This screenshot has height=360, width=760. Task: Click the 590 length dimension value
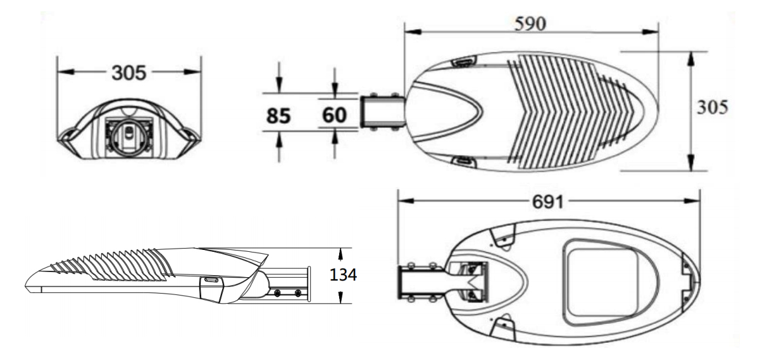[x=530, y=24]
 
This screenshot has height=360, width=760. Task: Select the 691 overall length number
[x=547, y=202]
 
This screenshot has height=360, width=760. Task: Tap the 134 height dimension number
[x=343, y=275]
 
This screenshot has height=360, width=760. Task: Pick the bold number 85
[x=278, y=115]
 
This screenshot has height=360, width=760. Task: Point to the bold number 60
[x=334, y=115]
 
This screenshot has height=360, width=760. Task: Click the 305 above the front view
[x=129, y=73]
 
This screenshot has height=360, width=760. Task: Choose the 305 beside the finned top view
[x=713, y=107]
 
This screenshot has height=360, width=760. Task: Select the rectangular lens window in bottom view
[x=603, y=283]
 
